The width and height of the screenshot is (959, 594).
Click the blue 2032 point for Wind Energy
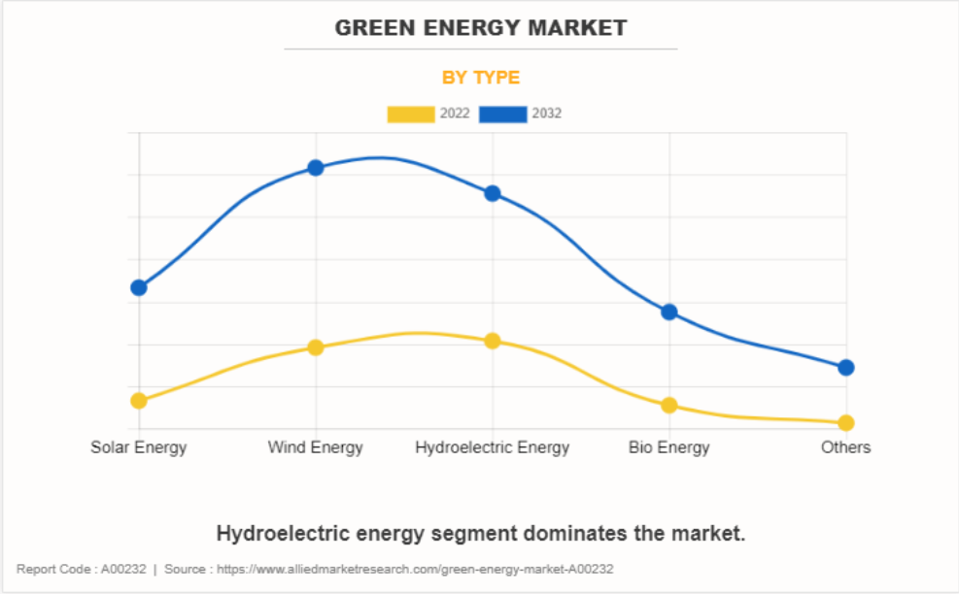[x=316, y=167]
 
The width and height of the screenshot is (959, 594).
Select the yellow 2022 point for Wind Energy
[x=316, y=346]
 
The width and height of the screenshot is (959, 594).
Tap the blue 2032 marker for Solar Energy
[x=139, y=287]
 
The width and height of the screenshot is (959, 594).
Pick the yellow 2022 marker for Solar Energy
[x=139, y=400]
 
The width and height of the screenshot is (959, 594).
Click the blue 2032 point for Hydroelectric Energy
[x=493, y=193]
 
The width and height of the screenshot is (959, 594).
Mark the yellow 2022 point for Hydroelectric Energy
[x=493, y=341]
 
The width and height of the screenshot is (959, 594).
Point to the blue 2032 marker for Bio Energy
[x=669, y=312]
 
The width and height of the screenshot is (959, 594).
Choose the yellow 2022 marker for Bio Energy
[x=669, y=405]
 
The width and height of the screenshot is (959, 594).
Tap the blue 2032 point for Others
[x=846, y=367]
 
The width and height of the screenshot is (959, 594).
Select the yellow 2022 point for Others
[x=846, y=422]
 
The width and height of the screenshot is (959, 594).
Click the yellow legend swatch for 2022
[x=411, y=115]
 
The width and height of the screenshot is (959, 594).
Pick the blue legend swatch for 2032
[x=503, y=115]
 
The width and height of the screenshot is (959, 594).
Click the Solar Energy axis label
[x=139, y=447]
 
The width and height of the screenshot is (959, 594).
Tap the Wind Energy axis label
[x=316, y=447]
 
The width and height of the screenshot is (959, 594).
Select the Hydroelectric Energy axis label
[x=493, y=447]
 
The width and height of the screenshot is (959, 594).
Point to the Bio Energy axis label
[x=669, y=447]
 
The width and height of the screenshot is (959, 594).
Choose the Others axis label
[x=846, y=447]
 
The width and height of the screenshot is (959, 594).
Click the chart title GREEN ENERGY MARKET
[x=481, y=28]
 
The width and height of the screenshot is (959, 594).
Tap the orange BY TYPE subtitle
[x=481, y=78]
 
